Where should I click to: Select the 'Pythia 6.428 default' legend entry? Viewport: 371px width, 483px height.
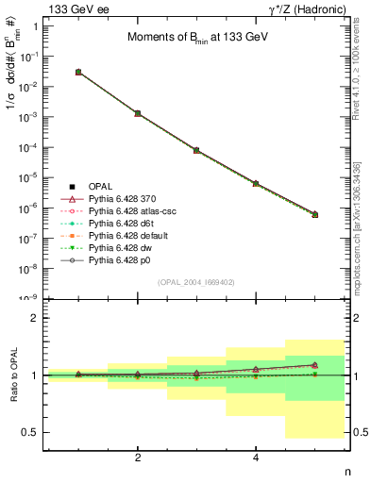tap(129, 236)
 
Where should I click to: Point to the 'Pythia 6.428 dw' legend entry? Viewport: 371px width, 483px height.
tap(123, 248)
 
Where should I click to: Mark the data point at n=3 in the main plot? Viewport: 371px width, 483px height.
tap(196, 150)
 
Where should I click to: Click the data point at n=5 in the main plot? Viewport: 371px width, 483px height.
tap(314, 214)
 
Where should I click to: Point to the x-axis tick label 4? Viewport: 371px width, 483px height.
tap(256, 458)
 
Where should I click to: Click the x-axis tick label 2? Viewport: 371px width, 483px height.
tap(138, 458)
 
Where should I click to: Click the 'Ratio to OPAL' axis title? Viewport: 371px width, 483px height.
tap(12, 376)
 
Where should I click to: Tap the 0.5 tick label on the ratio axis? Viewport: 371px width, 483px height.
tap(32, 432)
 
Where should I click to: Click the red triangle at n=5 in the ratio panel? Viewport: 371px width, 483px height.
tap(314, 364)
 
